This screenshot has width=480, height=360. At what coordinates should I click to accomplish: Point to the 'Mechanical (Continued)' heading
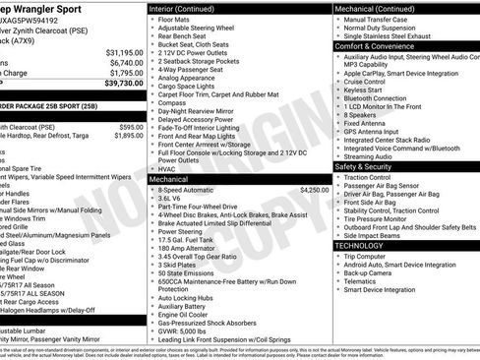pos(381,8)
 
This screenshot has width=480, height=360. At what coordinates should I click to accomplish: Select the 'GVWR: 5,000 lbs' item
pos(194,332)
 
